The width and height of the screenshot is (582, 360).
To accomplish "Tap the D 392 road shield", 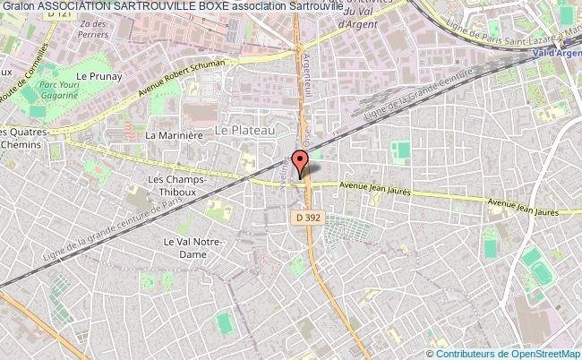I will (306, 218).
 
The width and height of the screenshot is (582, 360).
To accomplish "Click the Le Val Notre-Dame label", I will (185, 247).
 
